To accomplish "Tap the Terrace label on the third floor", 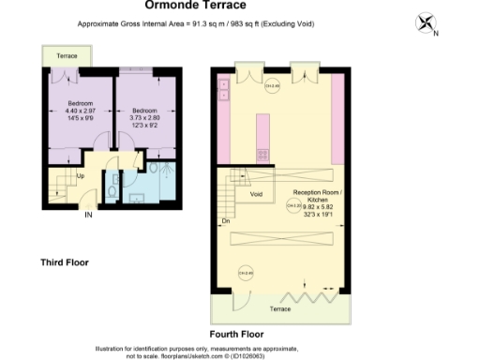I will point(67,56).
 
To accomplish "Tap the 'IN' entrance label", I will point(89,215).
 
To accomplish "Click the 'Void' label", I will point(256,193).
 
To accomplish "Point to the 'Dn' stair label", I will point(226,221).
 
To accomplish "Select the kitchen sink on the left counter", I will point(224,89).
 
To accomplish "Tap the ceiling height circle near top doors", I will point(272,87).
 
